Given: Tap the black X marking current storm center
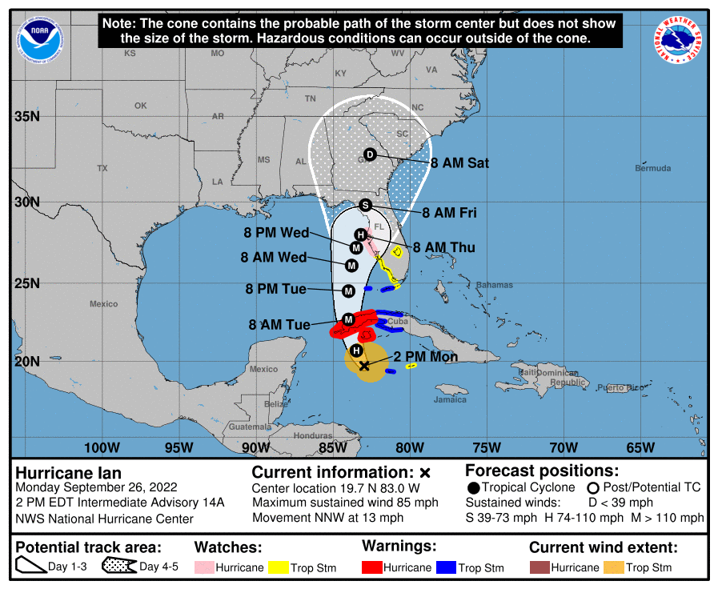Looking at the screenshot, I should tap(364, 366).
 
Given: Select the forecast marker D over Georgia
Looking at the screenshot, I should tap(370, 154).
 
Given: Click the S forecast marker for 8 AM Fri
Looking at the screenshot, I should tap(365, 205).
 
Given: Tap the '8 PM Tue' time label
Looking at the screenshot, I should tap(276, 289).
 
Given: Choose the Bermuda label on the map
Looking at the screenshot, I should tap(653, 169).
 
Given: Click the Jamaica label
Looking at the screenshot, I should tap(451, 399).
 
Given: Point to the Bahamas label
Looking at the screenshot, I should tap(493, 286).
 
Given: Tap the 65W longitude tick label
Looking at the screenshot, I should tap(641, 447).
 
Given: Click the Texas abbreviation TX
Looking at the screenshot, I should tap(102, 169).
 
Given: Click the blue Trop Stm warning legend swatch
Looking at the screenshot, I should tap(445, 567).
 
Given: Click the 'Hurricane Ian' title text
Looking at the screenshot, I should tap(68, 472).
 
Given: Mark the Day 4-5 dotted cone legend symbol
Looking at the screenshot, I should tap(118, 567).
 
